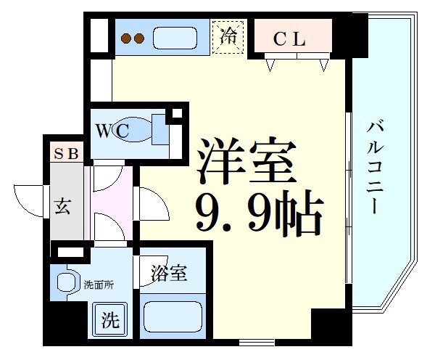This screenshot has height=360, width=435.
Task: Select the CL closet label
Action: coord(289,40)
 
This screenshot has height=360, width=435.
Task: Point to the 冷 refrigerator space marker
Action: coord(229,36)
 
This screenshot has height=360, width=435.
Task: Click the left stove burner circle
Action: coord(125,38)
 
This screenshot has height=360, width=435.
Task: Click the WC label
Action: coord(114,131)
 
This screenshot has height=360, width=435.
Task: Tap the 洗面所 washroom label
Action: coord(97,285)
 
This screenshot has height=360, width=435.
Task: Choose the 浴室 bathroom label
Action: coord(169,274)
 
